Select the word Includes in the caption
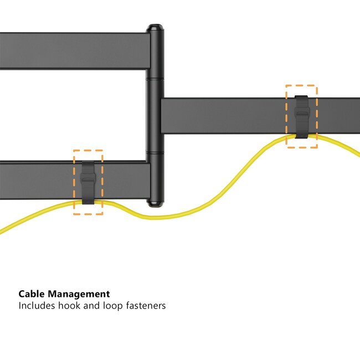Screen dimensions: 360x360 coord(38,305)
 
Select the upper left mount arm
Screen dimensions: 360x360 coord(72,51)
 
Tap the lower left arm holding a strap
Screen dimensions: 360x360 coord(39,180)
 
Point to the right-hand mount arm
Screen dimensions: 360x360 coord(233,116)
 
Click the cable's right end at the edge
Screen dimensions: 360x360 coord(357,155)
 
